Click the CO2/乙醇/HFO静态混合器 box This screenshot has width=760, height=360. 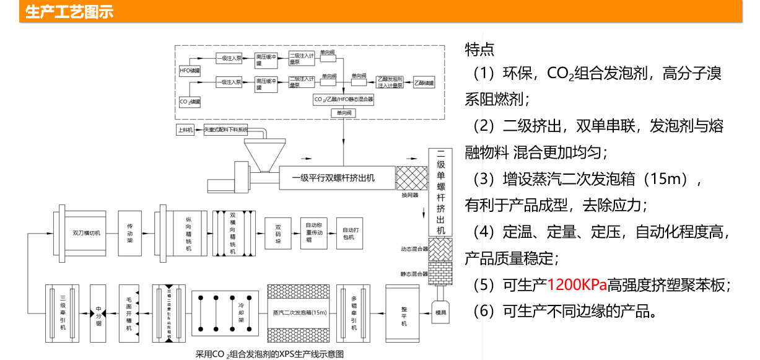coord(343,99)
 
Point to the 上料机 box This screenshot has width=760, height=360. coord(185,130)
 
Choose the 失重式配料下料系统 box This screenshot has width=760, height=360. coord(225,130)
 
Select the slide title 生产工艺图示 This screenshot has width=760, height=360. coord(69,12)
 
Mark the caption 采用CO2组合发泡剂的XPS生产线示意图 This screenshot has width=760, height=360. coord(270,354)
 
